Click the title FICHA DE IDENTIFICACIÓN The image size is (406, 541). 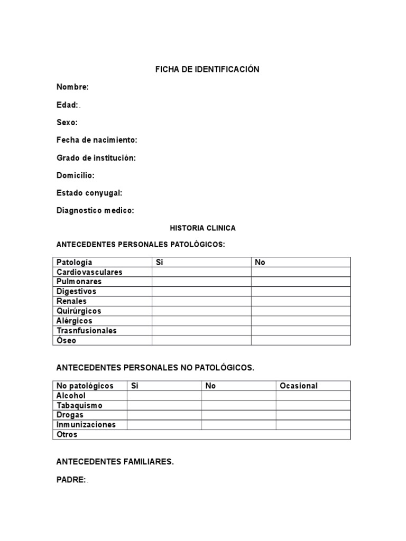coord(207,69)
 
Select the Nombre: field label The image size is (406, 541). coord(72,87)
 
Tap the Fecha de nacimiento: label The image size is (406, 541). coord(97,140)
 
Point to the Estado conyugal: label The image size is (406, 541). coord(89,193)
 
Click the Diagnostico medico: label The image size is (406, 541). coord(95,210)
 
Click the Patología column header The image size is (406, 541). coord(74,262)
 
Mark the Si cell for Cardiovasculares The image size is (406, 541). coord(201,272)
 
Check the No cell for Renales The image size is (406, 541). coord(300,301)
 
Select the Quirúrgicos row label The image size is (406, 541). coord(79,311)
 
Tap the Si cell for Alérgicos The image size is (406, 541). coord(201,321)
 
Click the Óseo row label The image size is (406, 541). coord(66,340)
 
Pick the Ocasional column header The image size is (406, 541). coord(299,386)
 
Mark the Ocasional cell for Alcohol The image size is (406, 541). coord(313,396)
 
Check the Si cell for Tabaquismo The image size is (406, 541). coord(164,405)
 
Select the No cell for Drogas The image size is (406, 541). coord(238,415)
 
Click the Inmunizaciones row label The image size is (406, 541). coord(86,425)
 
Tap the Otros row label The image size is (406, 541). coord(67,434)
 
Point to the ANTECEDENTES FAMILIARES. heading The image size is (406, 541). coord(115,462)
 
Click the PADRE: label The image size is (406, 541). coord(71,479)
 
